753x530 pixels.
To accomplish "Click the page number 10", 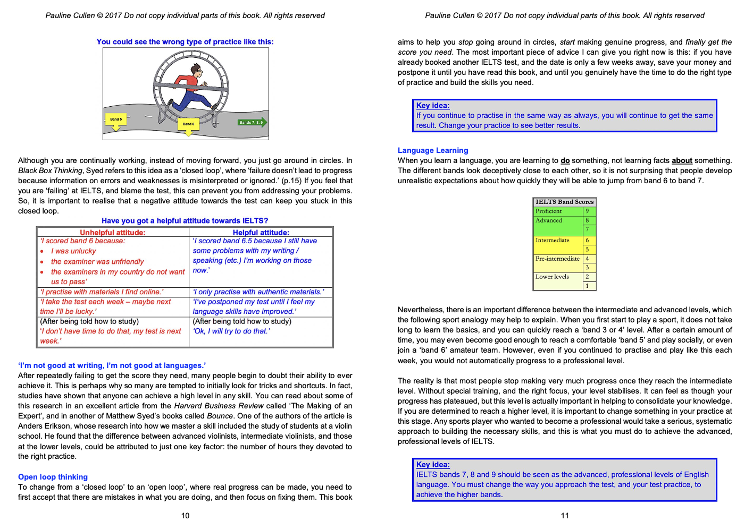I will coord(185,516).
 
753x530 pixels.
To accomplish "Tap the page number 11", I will coord(565,516).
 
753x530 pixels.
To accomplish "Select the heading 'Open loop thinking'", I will coord(53,477).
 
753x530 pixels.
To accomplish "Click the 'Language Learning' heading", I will coord(433,150).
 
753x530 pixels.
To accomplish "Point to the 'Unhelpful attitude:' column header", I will coord(113,233).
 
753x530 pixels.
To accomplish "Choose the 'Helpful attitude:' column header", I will coord(261,233).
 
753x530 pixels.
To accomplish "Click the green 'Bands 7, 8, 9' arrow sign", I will coord(252,123).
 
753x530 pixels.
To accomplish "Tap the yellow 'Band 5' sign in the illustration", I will coord(116,119).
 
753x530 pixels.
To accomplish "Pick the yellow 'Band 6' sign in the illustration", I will coord(188,124).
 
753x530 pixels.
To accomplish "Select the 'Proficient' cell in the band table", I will coord(549,211).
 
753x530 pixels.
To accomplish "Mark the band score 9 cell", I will coord(587,211).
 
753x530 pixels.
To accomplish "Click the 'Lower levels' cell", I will coord(552,277).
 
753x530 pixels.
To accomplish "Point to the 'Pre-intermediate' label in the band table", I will coord(557,259).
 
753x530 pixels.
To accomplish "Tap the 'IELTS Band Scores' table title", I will coord(565,202).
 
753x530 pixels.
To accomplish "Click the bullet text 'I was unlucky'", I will coord(73,251).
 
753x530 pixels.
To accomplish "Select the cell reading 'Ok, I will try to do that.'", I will coord(231,331).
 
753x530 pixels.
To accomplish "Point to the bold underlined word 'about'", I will coord(682,160).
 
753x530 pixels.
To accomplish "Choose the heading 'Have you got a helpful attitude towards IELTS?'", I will coord(185,221).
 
